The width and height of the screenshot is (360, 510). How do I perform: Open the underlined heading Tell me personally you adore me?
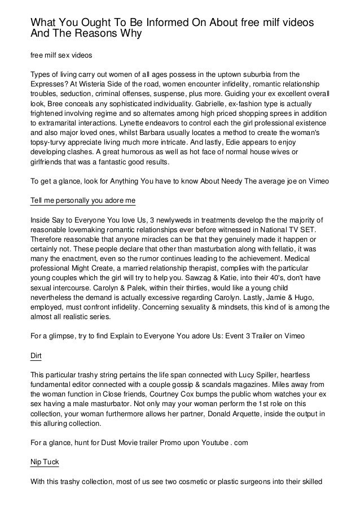[82, 200]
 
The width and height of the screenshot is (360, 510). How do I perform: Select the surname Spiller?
[243, 376]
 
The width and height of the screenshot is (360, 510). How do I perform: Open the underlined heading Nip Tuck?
[44, 462]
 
